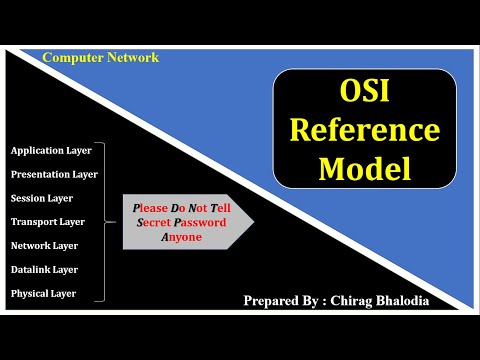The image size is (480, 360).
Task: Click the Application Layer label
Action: (50, 150)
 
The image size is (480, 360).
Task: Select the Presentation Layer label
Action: (54, 174)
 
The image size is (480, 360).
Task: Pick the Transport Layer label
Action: (47, 222)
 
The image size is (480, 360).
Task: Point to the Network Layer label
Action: (44, 245)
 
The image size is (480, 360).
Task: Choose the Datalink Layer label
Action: (44, 269)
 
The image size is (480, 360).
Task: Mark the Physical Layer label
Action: (43, 293)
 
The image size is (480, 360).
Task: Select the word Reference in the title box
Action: (364, 132)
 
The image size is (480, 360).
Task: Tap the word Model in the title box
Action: (364, 167)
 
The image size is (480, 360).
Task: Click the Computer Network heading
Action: (100, 57)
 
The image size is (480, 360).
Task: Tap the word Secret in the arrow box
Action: (153, 223)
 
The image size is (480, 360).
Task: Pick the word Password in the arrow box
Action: (199, 223)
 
